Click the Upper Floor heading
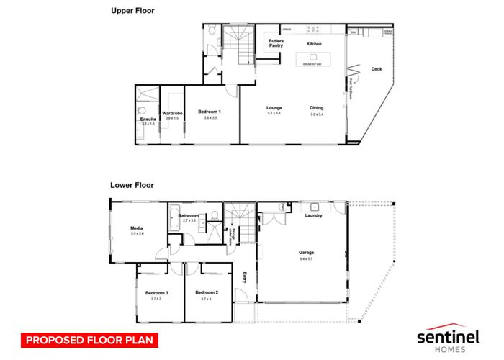tap(133, 11)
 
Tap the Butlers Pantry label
tap(276, 43)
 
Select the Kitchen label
tap(314, 44)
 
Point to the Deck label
tap(376, 69)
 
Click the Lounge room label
tap(274, 108)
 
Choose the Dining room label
tap(317, 108)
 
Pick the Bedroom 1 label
tap(210, 112)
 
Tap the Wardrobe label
tap(171, 113)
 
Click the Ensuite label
tap(148, 119)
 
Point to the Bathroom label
tap(189, 215)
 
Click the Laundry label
tap(312, 215)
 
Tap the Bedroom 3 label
tap(156, 293)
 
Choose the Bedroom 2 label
tap(205, 293)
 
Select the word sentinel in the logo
tap(448, 336)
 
